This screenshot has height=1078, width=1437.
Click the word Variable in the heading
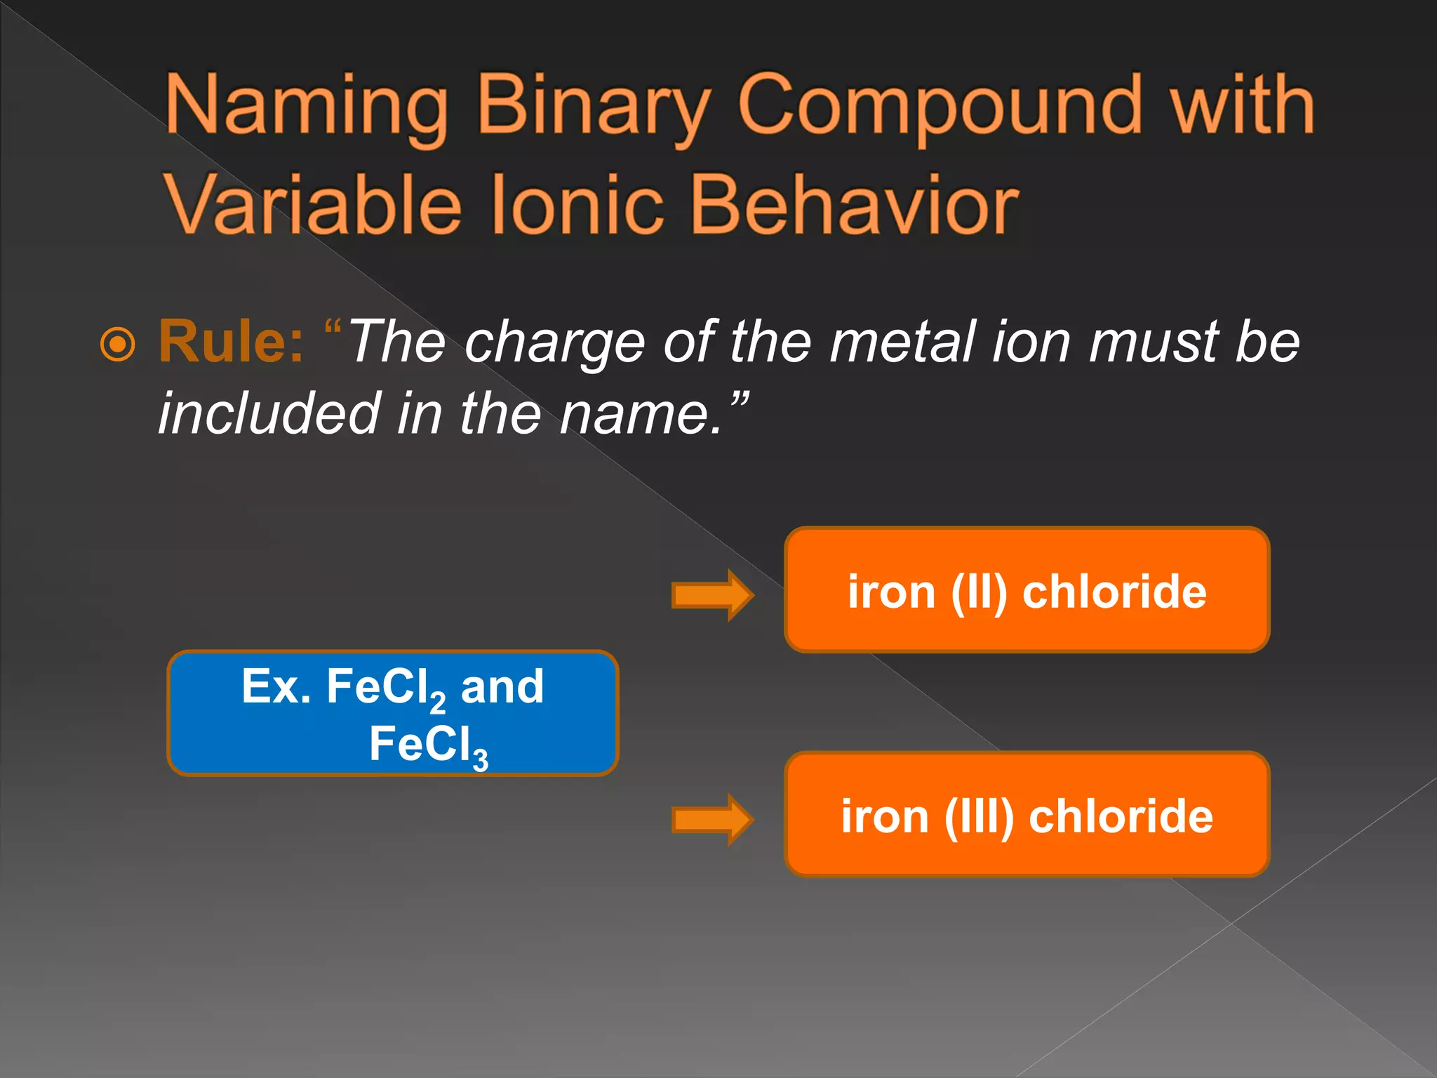coord(313,205)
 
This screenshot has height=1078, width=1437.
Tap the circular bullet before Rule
coord(117,344)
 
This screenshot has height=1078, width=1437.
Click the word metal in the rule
coord(902,342)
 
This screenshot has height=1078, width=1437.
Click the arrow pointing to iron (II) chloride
coord(711,595)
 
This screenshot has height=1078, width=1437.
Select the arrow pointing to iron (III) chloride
coord(711,819)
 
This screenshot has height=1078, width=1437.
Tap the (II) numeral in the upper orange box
coord(979,592)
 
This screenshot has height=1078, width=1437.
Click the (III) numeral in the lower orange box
coord(979,817)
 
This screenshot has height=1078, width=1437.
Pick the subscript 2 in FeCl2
coord(438,702)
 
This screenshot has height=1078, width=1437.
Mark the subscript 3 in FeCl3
coord(480,760)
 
